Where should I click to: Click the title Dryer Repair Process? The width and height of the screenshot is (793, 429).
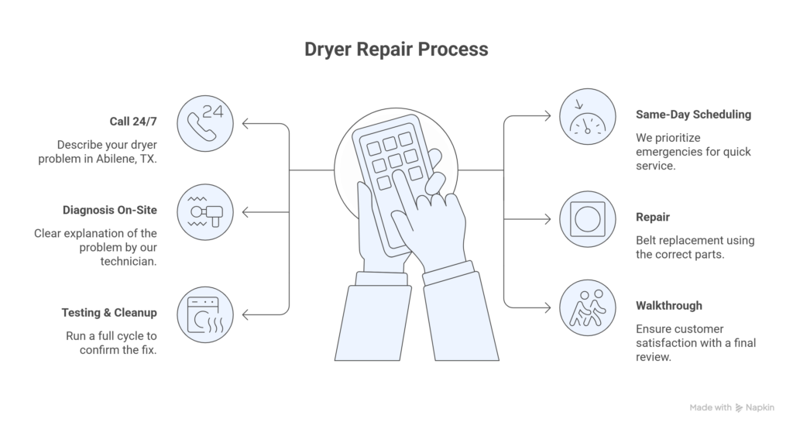[396, 50]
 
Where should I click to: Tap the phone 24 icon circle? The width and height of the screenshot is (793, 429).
[204, 123]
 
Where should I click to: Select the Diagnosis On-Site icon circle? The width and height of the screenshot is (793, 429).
[204, 212]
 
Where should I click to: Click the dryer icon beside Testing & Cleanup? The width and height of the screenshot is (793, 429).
[204, 314]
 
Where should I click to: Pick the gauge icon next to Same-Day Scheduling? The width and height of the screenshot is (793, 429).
[588, 117]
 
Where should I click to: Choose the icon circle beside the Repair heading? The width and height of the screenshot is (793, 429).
[588, 219]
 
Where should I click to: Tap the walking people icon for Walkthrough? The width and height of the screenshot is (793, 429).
[588, 307]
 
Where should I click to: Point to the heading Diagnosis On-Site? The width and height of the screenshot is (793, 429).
[110, 210]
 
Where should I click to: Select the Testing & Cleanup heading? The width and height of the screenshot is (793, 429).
[109, 313]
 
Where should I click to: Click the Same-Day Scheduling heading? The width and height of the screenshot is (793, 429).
[693, 115]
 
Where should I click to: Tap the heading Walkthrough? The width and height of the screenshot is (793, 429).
[669, 306]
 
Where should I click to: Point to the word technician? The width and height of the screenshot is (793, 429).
[128, 263]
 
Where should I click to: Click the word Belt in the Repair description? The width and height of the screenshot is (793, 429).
[648, 240]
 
